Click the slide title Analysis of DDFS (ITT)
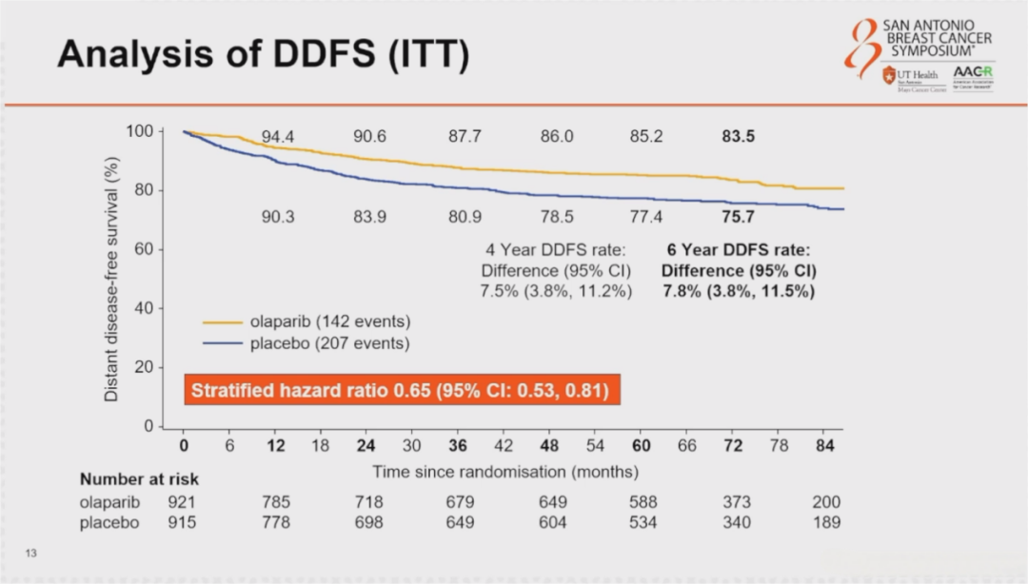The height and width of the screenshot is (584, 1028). [263, 55]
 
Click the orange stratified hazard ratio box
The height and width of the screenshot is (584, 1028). [400, 390]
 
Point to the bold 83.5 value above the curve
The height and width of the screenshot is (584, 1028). [738, 137]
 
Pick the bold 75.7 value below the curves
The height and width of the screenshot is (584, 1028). [738, 217]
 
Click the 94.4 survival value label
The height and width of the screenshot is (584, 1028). [278, 137]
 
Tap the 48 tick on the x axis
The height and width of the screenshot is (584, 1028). [550, 445]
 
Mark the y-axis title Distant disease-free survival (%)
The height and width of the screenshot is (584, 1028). [111, 278]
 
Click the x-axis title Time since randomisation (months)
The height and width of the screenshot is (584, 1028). [505, 471]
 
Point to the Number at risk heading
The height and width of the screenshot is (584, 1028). [139, 479]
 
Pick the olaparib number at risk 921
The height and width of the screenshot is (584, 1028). [182, 501]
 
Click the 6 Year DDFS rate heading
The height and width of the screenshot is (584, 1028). [738, 251]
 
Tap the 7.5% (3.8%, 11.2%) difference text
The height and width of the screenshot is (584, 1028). [556, 291]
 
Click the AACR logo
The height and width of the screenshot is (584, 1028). [973, 76]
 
